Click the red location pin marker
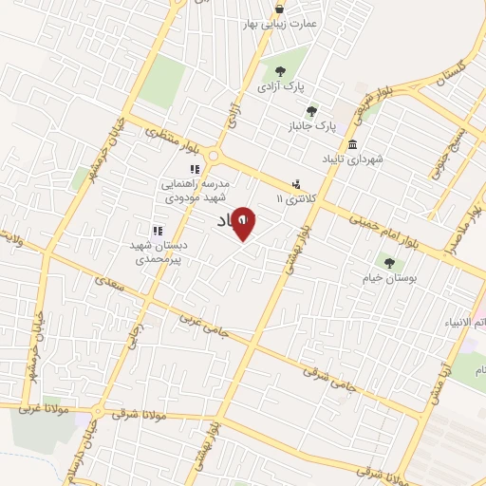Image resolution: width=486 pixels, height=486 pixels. pos(243,224)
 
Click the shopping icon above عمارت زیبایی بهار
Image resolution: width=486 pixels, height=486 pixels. pos(278,6)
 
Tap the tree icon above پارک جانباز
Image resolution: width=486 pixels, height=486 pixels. pos(311,110)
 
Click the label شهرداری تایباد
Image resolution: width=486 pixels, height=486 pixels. pos(352,159)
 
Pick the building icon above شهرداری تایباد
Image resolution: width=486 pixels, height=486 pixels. pos(353,145)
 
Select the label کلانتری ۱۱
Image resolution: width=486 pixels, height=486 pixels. pos(292,199)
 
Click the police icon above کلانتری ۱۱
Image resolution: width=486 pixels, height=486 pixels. pos(297,185)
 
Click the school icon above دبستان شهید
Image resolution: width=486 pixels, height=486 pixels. pos(158,230)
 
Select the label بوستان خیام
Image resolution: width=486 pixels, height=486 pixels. pos(387,276)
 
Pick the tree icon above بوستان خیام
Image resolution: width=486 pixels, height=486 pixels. pos(388,262)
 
